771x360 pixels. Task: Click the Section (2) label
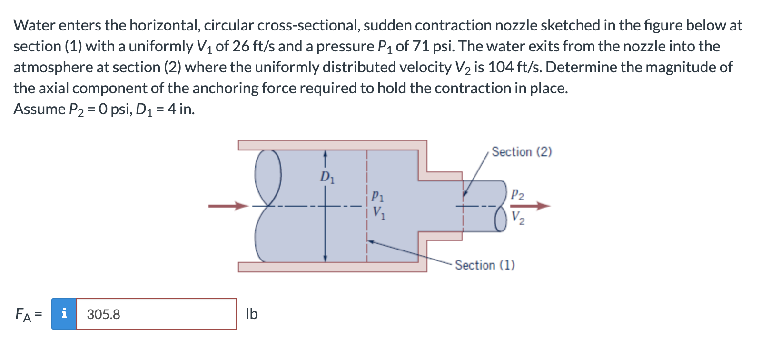click(522, 152)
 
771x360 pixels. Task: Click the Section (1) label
click(484, 265)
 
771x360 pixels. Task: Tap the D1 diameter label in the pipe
click(327, 178)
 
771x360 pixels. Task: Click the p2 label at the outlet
click(518, 194)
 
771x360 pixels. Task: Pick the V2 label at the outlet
click(518, 218)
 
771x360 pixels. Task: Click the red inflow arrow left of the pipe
click(228, 206)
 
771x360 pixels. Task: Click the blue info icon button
click(64, 314)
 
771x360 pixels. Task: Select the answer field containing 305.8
click(156, 314)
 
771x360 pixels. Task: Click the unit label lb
click(252, 314)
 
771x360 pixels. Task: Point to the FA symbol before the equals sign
click(23, 314)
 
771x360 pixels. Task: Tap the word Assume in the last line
click(40, 109)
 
